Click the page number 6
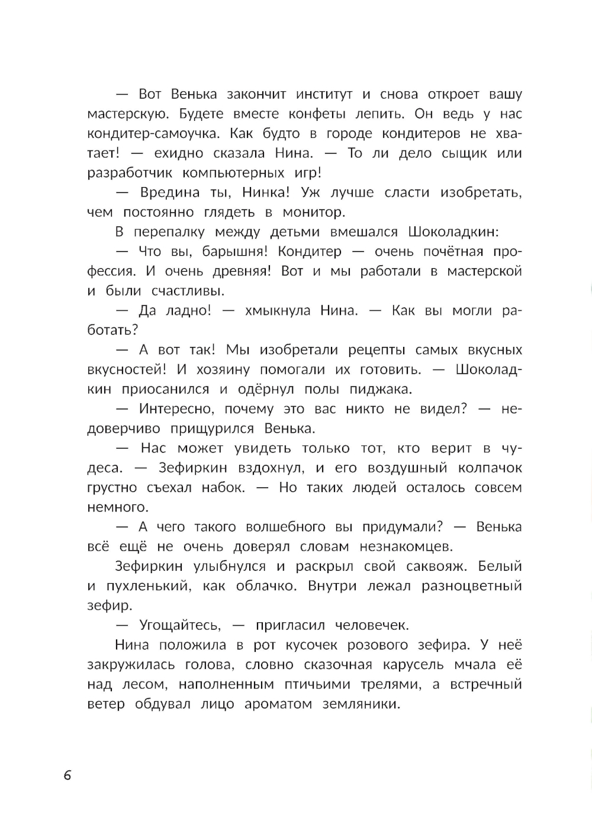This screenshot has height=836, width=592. [x=67, y=775]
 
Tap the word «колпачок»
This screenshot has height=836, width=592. [x=490, y=468]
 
